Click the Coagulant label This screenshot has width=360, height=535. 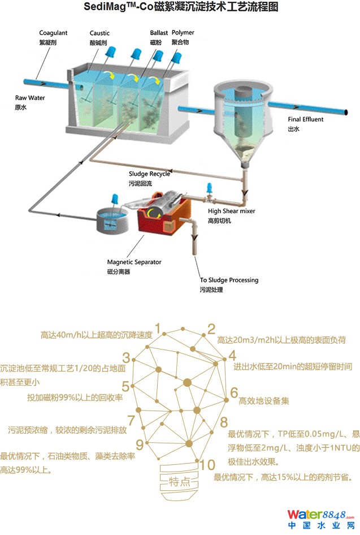click(x=53, y=33)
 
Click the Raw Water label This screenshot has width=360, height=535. click(x=30, y=98)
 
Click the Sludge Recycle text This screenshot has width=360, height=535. click(x=149, y=174)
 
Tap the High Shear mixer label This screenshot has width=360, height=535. click(x=231, y=211)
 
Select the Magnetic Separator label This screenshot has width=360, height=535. click(x=134, y=262)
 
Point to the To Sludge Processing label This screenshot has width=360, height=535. click(x=229, y=280)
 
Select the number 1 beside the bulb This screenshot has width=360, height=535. click(x=158, y=329)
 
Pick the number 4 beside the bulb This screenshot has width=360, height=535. click(x=232, y=356)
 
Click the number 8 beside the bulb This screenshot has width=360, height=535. click(x=224, y=422)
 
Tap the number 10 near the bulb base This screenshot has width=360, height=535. click(x=207, y=465)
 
